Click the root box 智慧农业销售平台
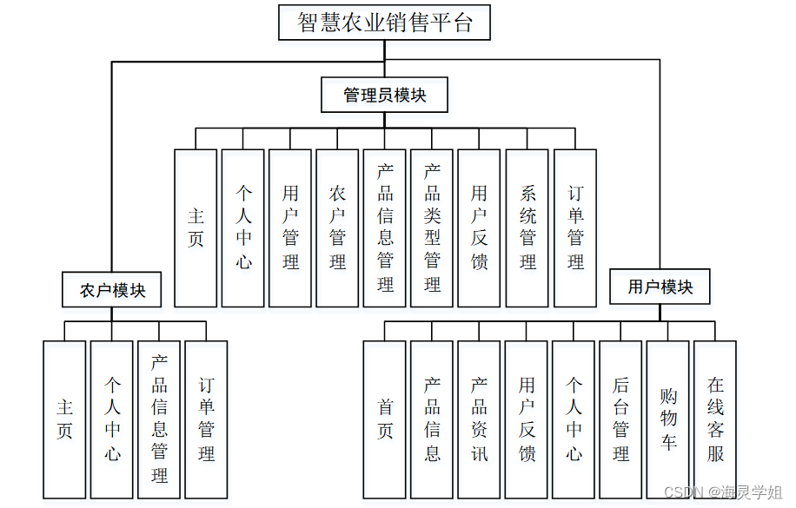384,23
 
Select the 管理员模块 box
384,95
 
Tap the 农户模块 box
112,289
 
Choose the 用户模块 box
660,287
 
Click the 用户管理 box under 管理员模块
290,228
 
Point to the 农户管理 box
337,228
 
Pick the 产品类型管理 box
432,228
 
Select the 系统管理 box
527,228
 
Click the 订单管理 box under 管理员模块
575,228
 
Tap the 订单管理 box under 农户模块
206,419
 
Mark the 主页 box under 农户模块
64,419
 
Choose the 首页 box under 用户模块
385,419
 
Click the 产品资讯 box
480,419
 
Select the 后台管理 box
620,419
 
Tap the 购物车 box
667,419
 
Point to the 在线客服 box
715,419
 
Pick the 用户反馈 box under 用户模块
527,419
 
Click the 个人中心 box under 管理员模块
243,228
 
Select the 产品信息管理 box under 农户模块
159,419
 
